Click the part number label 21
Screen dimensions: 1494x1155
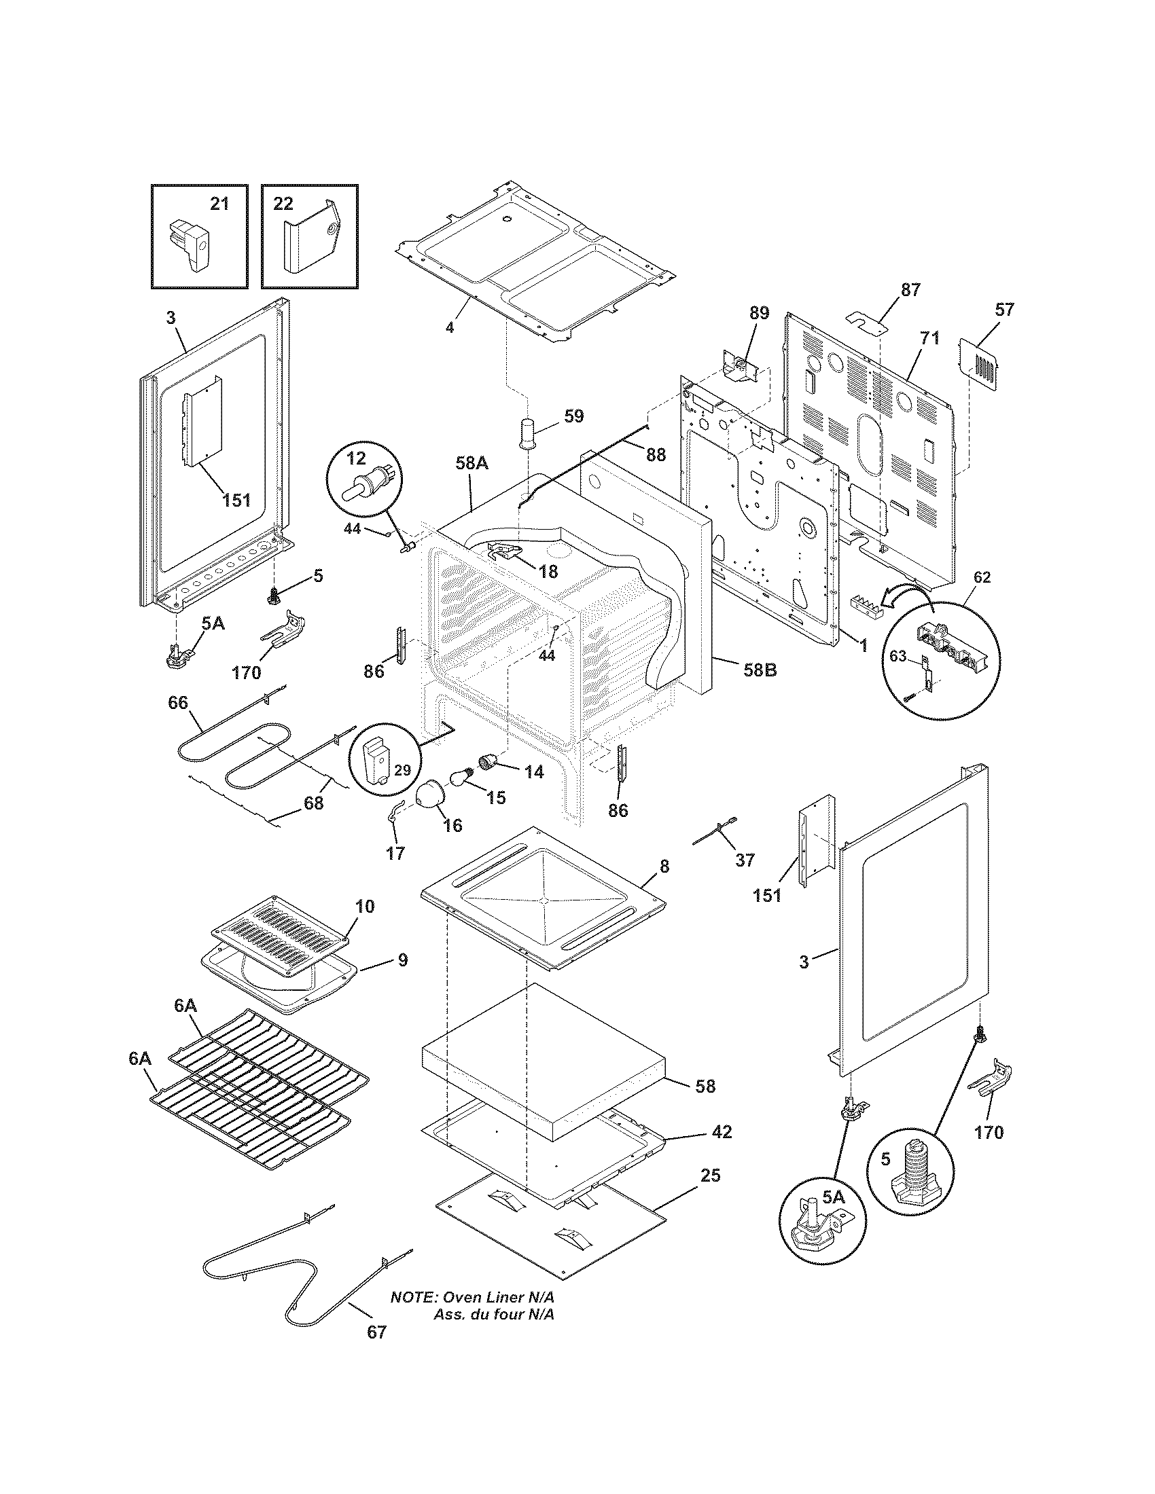click(x=219, y=203)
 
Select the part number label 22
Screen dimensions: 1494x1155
click(x=283, y=203)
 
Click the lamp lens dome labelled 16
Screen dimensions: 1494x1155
click(x=434, y=797)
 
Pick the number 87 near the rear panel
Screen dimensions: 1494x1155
click(x=910, y=289)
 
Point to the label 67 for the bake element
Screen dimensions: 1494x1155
click(x=376, y=1351)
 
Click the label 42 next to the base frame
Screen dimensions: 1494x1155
click(x=721, y=1132)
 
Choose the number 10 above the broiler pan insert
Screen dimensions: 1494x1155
click(x=365, y=906)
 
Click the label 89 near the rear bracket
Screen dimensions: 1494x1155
click(x=759, y=313)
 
